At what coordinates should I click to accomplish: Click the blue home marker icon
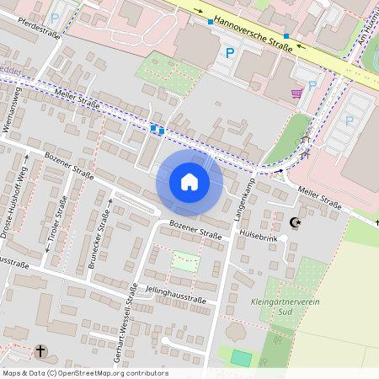coord(189,182)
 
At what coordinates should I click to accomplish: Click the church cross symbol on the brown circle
coord(40,350)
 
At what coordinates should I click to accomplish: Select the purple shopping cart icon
coord(296,93)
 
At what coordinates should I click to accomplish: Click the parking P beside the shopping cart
coord(312,85)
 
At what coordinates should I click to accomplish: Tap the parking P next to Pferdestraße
coord(56,17)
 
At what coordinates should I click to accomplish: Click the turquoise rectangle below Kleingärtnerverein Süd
coord(242,358)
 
